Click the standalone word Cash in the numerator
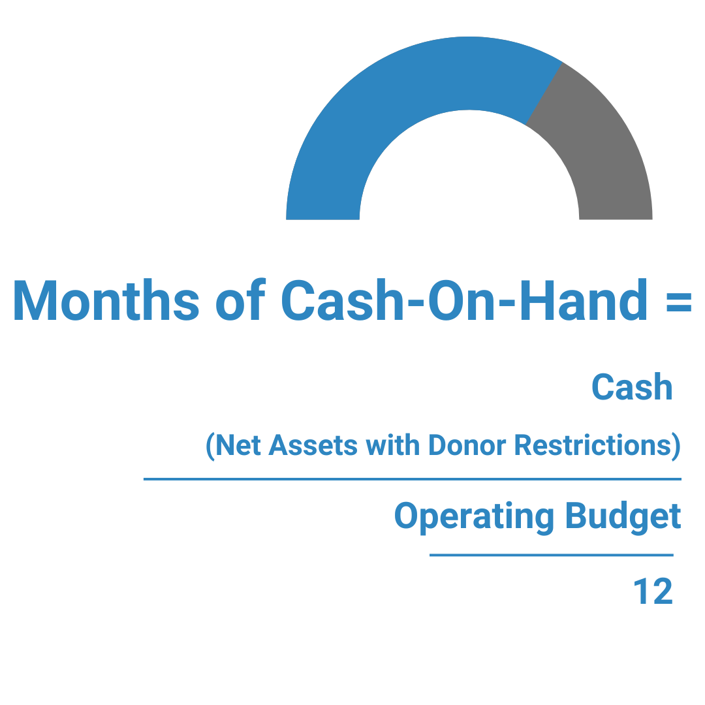pyautogui.click(x=632, y=388)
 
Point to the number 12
pyautogui.click(x=653, y=593)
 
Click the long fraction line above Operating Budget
pyautogui.click(x=412, y=479)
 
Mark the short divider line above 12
pyautogui.click(x=551, y=556)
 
